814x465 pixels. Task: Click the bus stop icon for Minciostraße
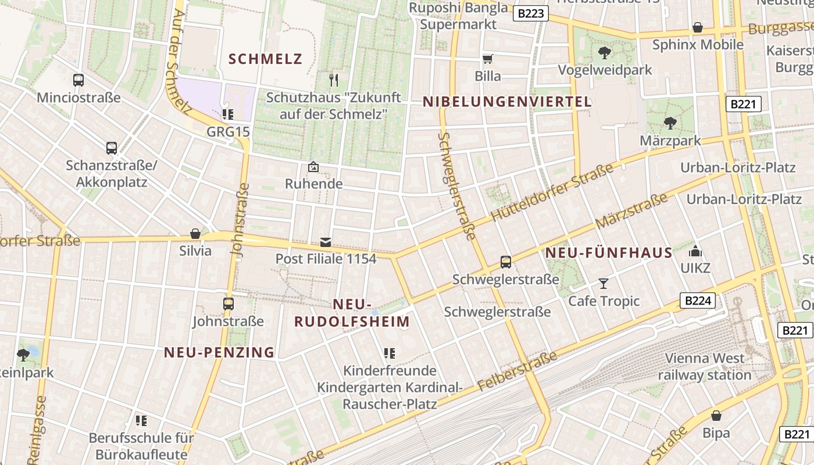(x=78, y=80)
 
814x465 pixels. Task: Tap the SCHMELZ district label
(x=266, y=59)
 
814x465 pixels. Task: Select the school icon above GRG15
(x=227, y=114)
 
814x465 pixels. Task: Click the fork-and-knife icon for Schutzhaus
(x=333, y=80)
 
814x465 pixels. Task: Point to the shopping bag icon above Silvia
(x=195, y=234)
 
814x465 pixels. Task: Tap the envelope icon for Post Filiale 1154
(x=326, y=242)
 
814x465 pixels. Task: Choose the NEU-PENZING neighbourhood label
(x=219, y=352)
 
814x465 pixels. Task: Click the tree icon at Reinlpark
(x=23, y=354)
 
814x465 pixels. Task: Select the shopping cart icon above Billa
(x=487, y=59)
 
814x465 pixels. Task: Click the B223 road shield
(x=531, y=13)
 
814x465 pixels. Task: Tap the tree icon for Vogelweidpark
(x=605, y=53)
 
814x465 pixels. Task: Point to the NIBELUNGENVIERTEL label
(x=507, y=102)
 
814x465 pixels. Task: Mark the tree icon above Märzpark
(x=670, y=123)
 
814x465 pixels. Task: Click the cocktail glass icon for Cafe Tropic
(x=604, y=284)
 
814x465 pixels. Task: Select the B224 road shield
(x=697, y=301)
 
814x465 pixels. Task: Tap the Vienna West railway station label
(x=705, y=367)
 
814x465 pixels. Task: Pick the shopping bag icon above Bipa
(x=716, y=416)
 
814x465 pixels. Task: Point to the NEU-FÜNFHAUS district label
(x=609, y=253)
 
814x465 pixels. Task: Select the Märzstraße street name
(x=631, y=212)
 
